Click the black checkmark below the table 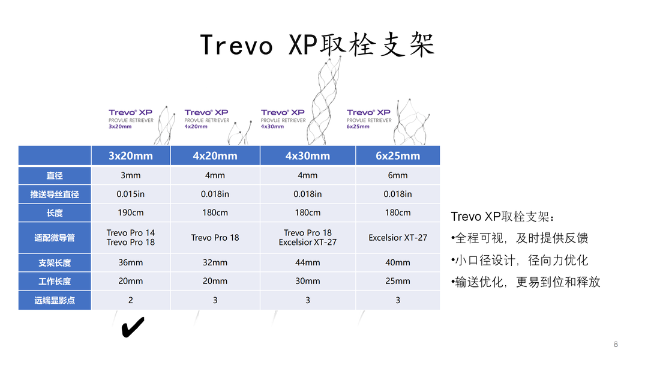133,327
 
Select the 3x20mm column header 131,156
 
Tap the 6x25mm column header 398,156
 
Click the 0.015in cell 131,194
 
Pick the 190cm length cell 131,213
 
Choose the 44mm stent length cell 307,262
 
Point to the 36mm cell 131,262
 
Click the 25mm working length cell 398,281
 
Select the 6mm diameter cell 398,175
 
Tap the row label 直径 55,176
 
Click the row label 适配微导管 55,238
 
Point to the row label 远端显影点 55,301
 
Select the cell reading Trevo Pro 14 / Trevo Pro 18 131,238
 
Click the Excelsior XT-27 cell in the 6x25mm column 398,238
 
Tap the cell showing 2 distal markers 131,300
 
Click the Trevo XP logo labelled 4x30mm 283,119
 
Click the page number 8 616,345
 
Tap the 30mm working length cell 307,281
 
